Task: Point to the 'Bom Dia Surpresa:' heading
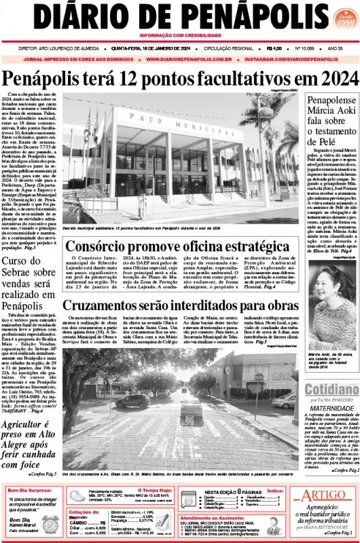[30, 489]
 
